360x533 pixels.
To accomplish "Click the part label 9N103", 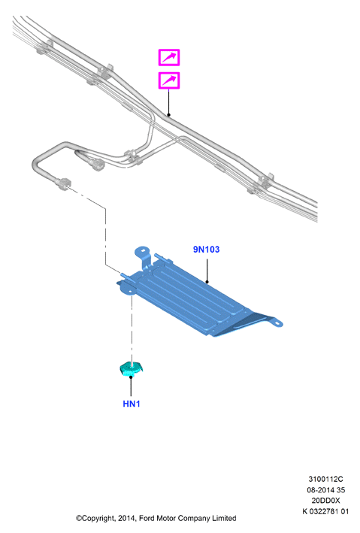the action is point(206,249).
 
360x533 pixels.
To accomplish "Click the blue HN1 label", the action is point(132,404).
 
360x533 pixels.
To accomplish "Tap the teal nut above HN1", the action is point(132,369).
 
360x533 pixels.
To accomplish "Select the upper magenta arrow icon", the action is point(169,57).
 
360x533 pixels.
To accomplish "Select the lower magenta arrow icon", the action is point(169,80).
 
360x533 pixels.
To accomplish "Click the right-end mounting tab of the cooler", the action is point(275,322).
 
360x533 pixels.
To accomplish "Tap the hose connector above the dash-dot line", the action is point(63,183).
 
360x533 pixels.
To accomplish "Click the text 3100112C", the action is point(325,479).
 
